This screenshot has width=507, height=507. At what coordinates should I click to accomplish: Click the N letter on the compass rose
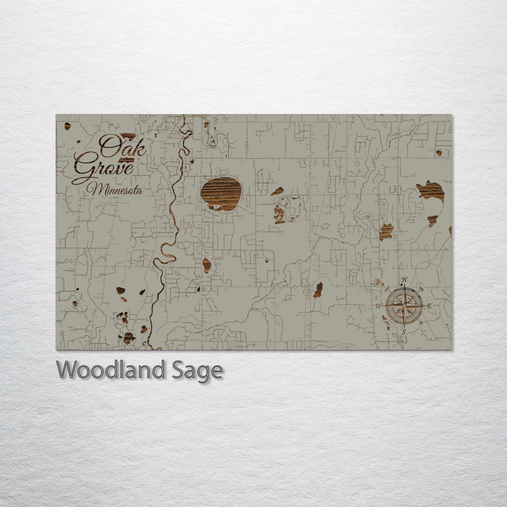pos(404,280)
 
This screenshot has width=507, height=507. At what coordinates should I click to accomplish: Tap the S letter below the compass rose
pos(404,332)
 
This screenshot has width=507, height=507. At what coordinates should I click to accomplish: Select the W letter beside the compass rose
pos(379,306)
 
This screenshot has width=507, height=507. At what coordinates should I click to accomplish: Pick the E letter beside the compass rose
pos(429,306)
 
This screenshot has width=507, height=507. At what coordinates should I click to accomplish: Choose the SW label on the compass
pos(387,322)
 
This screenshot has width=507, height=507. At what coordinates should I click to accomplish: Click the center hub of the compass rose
pos(404,306)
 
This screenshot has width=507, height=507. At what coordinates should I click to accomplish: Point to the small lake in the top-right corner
pos(439,152)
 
